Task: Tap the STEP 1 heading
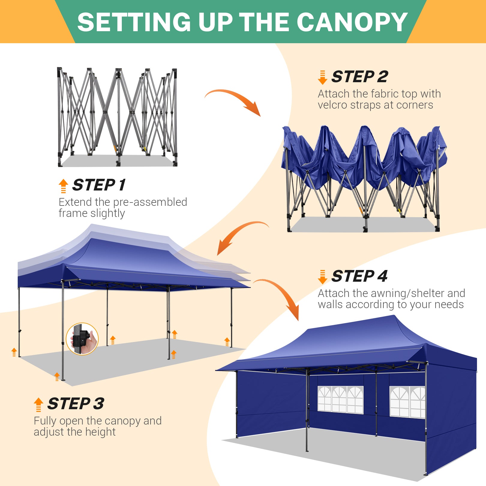click(x=99, y=185)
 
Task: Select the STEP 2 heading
click(x=360, y=76)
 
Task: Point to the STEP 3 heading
click(x=76, y=403)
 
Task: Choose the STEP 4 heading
click(x=359, y=276)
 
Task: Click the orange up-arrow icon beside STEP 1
click(x=63, y=186)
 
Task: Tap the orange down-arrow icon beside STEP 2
click(x=322, y=77)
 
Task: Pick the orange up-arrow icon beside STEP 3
click(x=38, y=405)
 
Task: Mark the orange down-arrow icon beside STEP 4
click(x=322, y=277)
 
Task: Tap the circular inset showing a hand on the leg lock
click(x=82, y=339)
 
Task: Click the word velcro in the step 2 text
click(x=333, y=105)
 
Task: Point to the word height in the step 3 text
click(x=100, y=432)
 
